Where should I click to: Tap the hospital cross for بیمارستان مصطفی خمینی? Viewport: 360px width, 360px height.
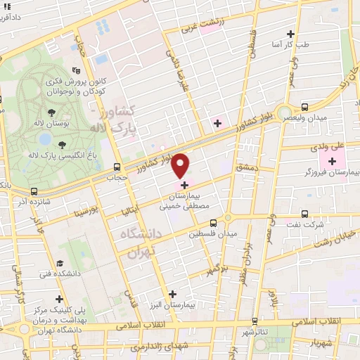[185, 185]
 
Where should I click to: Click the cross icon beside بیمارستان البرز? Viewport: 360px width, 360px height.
[174, 293]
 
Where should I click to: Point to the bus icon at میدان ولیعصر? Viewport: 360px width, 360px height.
[304, 107]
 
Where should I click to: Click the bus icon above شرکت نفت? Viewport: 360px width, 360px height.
[304, 214]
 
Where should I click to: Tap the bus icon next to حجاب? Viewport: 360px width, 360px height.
[117, 167]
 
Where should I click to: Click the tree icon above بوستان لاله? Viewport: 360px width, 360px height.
[53, 112]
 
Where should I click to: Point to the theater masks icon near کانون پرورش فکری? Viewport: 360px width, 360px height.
[76, 70]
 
